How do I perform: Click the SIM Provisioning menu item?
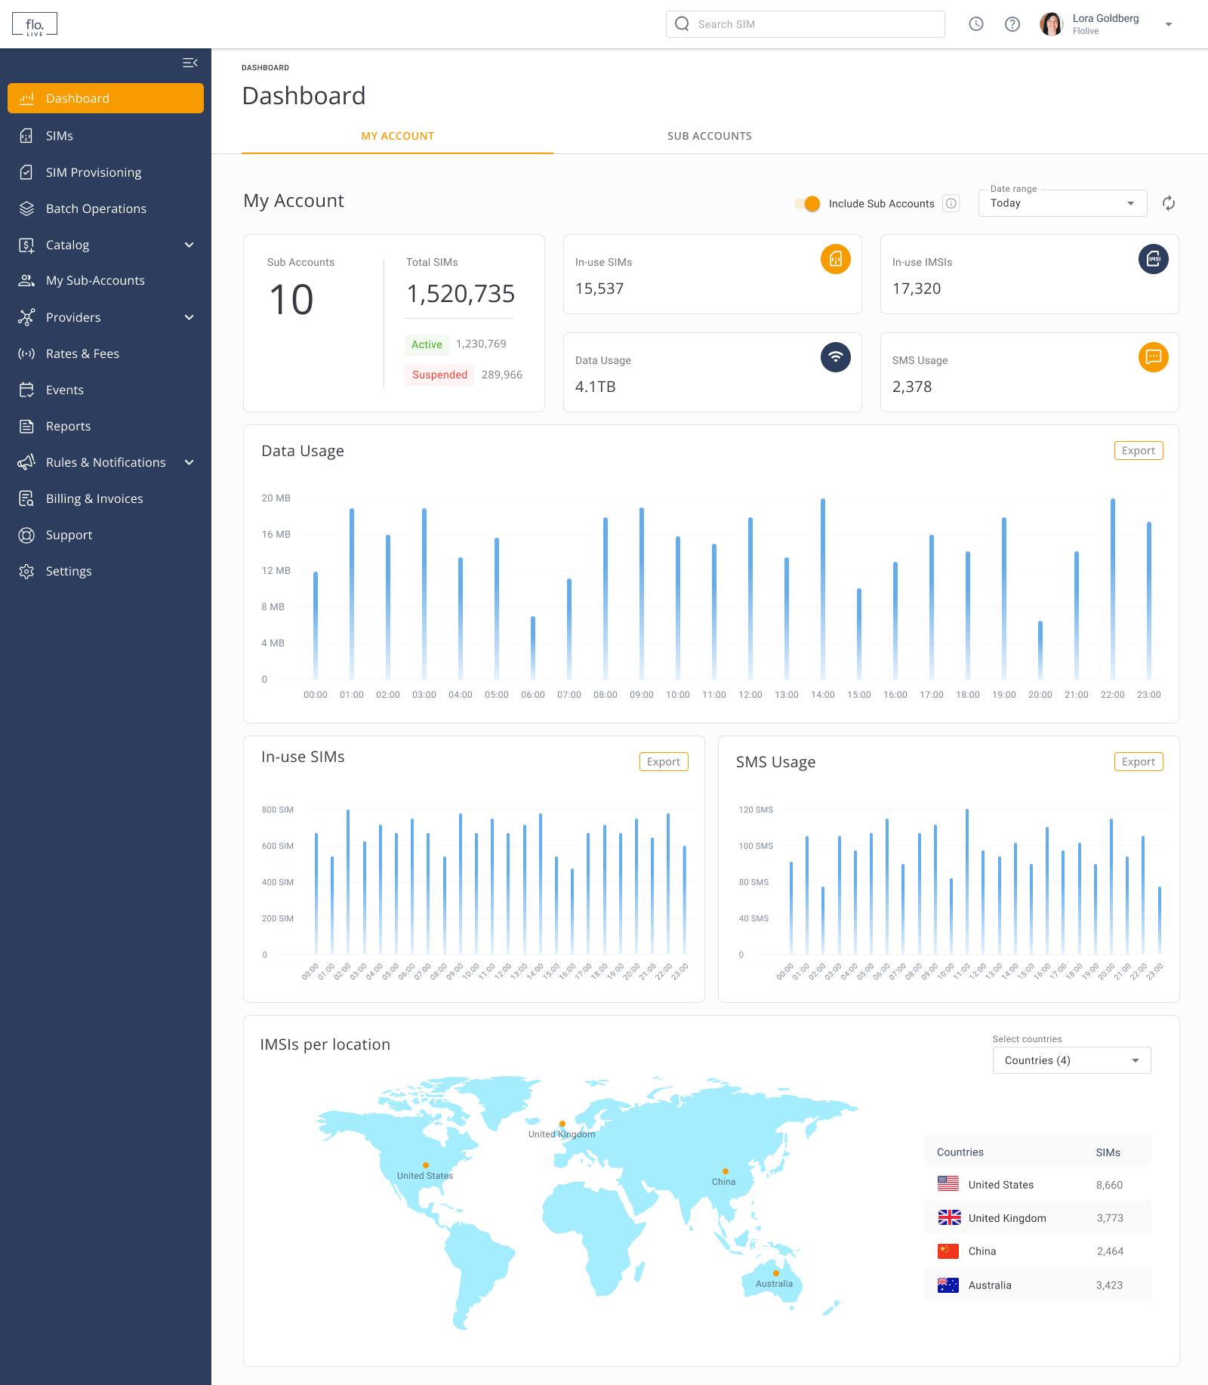[93, 172]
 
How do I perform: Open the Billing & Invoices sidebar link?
[94, 498]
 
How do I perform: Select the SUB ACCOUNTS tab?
[709, 136]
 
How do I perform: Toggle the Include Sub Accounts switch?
[808, 204]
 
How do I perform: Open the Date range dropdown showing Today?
[1062, 203]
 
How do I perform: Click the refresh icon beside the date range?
[1168, 203]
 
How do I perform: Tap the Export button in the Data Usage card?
[1138, 451]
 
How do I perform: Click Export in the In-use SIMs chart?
[663, 762]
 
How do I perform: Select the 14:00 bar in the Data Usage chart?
[823, 589]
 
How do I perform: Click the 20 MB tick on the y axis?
[276, 498]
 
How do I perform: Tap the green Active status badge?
[427, 344]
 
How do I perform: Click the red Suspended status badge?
[439, 375]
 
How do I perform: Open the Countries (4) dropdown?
[1071, 1060]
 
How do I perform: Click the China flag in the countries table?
[948, 1251]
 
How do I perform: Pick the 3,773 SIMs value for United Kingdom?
[1109, 1218]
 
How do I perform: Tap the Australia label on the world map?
[774, 1284]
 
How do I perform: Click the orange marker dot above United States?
[426, 1165]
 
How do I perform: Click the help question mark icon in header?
[1012, 24]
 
